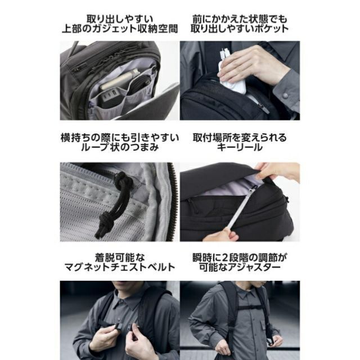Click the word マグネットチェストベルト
pos(119,267)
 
